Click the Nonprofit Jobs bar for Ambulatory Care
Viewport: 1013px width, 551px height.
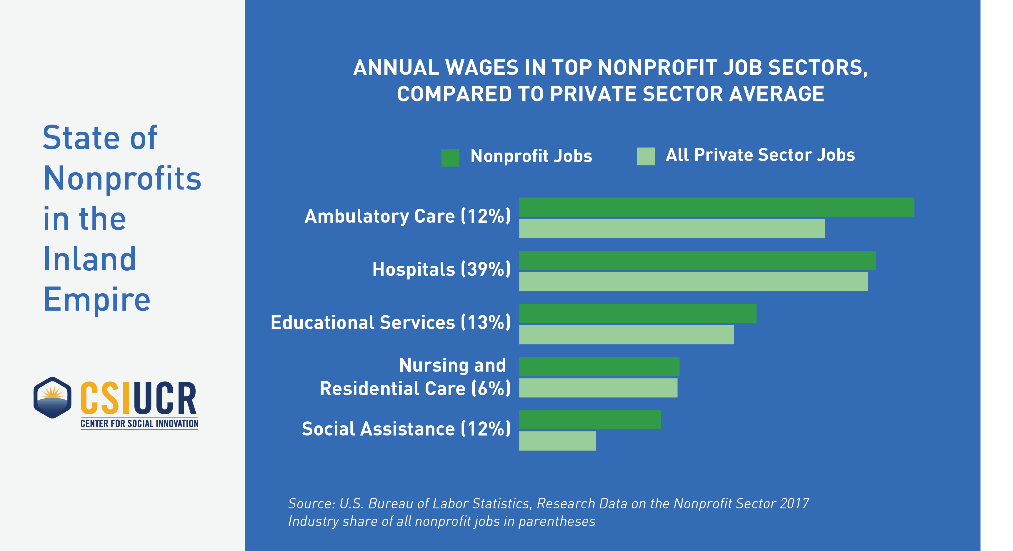click(717, 207)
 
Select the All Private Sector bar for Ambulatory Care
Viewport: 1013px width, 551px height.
click(672, 228)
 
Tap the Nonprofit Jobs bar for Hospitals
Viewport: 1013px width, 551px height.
click(697, 260)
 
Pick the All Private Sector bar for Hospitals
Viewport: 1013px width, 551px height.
click(693, 282)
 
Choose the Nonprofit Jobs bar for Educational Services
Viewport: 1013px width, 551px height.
click(637, 313)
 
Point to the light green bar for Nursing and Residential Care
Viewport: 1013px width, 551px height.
click(598, 388)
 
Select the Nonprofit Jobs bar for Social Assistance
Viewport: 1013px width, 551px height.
click(590, 419)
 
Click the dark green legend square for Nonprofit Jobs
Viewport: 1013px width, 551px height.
click(450, 157)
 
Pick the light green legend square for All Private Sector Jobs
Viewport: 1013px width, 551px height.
click(645, 156)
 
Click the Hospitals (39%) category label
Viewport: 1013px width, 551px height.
click(441, 269)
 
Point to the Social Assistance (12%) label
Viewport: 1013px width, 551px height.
click(406, 429)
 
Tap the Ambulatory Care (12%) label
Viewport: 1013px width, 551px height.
click(407, 216)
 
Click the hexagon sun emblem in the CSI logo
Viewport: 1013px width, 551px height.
click(52, 397)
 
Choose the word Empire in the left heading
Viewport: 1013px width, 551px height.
click(97, 299)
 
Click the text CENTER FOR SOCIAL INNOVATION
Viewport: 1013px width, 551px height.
click(139, 424)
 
